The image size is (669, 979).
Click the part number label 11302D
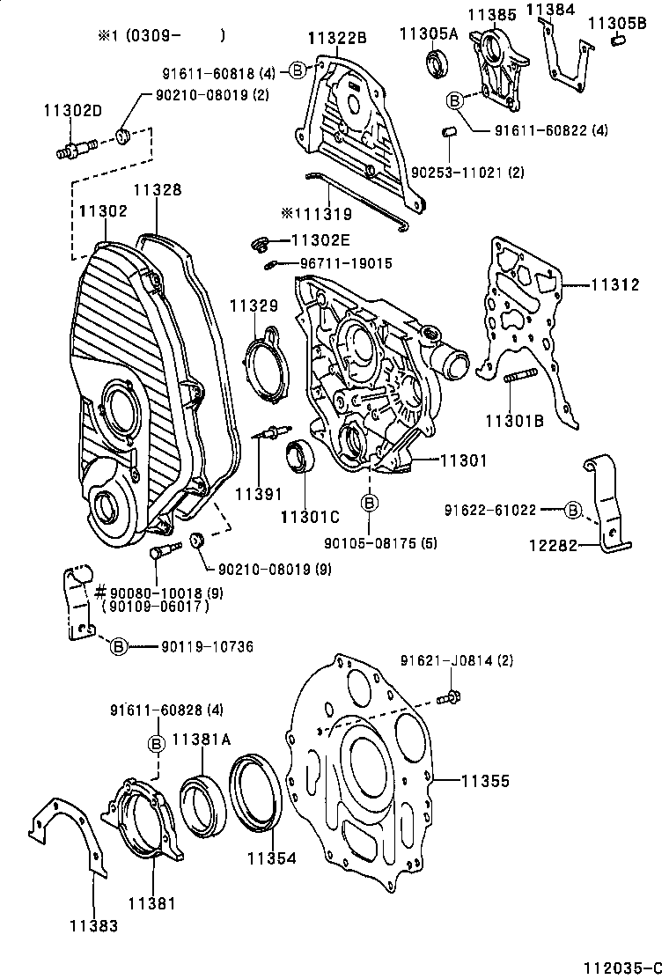(72, 110)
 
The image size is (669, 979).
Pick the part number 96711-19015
(346, 262)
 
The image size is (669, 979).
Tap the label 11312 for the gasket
(614, 284)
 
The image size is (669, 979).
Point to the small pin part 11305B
(618, 40)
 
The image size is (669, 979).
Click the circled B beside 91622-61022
(572, 509)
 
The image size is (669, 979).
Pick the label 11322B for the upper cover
(337, 38)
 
